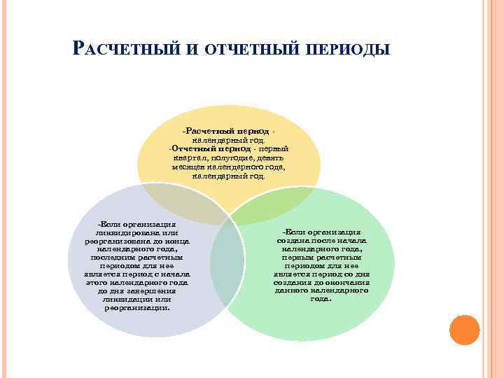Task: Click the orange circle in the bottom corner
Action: click(x=463, y=330)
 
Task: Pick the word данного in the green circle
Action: click(x=293, y=290)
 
